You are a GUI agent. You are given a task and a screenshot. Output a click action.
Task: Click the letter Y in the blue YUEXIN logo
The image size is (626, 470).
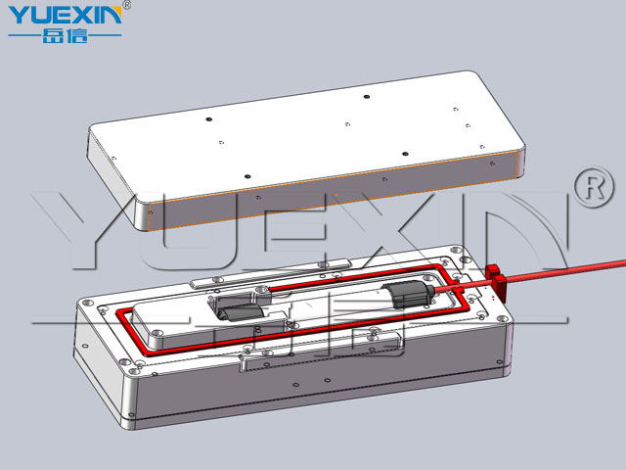click(20, 16)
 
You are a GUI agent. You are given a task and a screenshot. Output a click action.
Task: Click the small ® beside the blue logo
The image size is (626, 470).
click(126, 5)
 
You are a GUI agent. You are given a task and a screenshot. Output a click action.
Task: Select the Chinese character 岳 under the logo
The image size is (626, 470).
click(52, 35)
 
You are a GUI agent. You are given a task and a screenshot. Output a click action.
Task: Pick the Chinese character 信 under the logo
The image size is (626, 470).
click(77, 35)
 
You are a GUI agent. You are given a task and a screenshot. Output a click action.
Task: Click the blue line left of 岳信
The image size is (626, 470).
click(24, 35)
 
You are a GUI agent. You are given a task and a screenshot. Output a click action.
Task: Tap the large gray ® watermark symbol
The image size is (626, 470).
click(595, 187)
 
